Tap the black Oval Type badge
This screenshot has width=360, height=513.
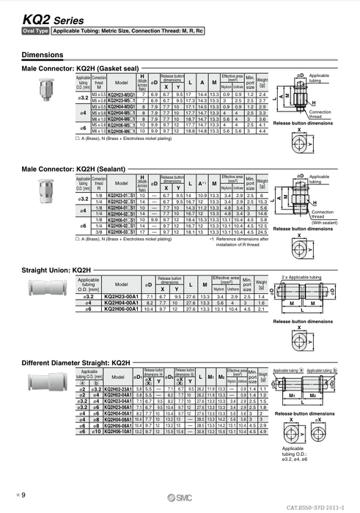[35, 32]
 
